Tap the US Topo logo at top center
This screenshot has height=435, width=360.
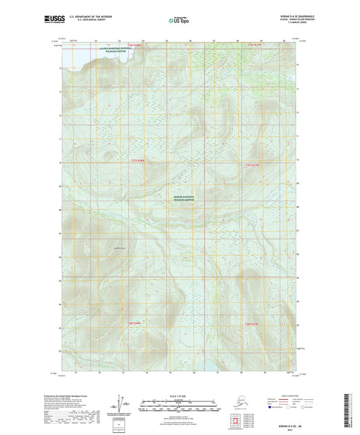[179, 20]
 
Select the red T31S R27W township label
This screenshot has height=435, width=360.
[252, 165]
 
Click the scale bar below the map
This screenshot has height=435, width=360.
[179, 407]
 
